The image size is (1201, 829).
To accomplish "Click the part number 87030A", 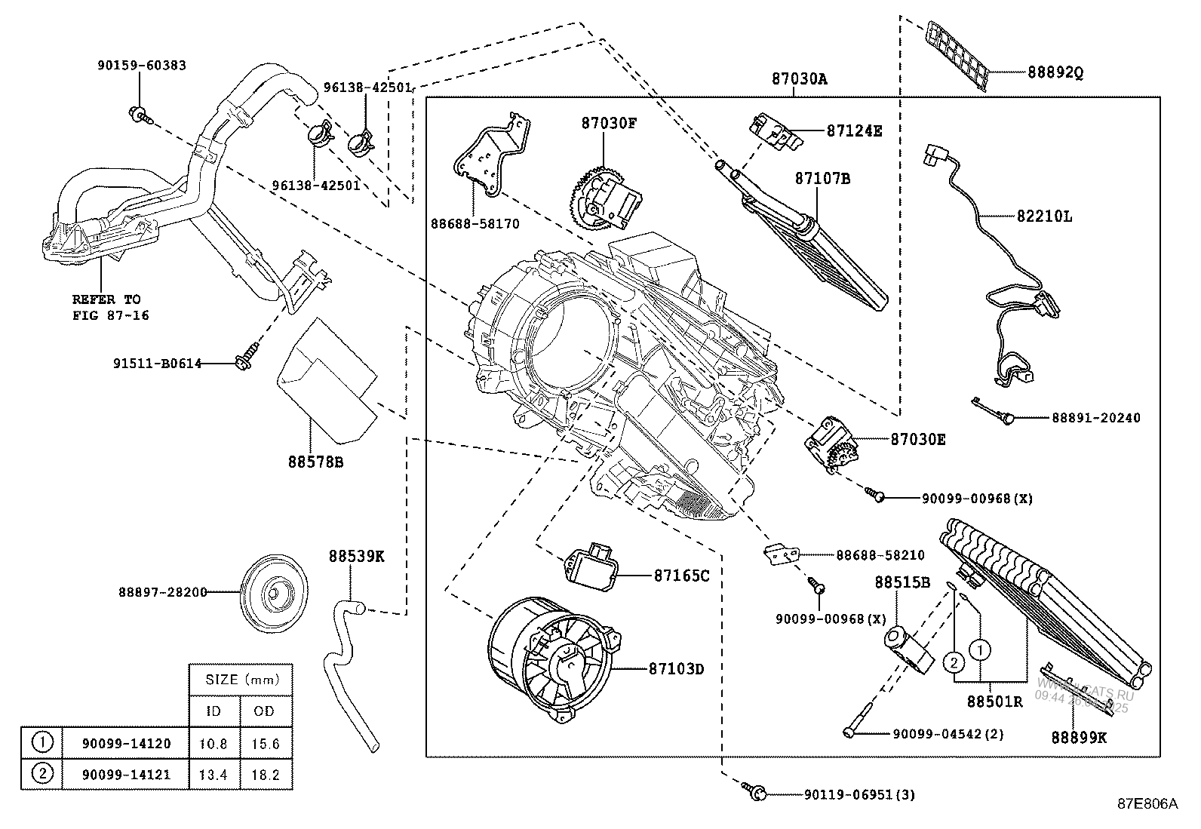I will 799,78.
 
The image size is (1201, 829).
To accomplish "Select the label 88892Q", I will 1055,72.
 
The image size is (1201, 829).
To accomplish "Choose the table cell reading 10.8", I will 213,743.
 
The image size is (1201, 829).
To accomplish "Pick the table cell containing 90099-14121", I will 124,773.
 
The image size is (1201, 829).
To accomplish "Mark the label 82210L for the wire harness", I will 1045,216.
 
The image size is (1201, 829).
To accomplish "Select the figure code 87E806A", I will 1147,804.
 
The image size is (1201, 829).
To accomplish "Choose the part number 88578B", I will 315,461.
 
